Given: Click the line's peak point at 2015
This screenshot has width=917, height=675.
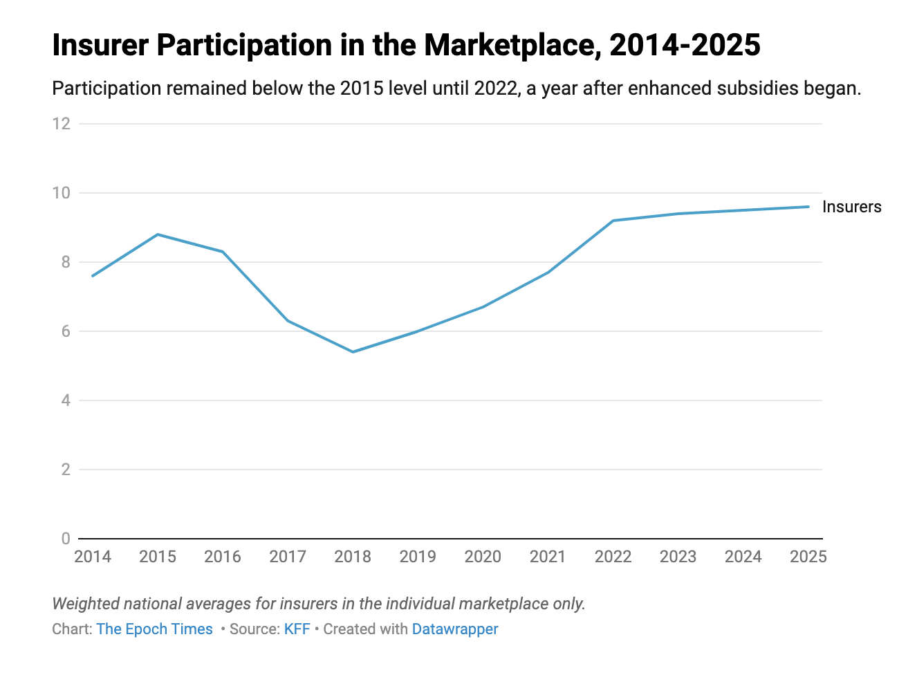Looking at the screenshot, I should (158, 234).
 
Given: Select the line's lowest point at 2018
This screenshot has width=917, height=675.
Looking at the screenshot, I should (353, 352).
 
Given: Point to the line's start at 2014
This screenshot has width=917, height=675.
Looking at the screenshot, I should (93, 276).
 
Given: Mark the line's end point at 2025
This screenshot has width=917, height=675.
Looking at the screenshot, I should (808, 207).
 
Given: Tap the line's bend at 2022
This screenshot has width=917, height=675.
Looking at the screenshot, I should (613, 221).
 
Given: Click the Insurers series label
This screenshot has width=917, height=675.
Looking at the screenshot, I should (851, 207).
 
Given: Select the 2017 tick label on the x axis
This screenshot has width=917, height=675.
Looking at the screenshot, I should (288, 557).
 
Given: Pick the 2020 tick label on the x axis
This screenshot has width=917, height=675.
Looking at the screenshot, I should (483, 557).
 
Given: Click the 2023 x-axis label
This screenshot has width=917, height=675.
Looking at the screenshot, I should (678, 557).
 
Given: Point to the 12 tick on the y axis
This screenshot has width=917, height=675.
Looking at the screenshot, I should (62, 124).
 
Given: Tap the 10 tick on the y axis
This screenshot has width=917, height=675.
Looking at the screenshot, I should (62, 193).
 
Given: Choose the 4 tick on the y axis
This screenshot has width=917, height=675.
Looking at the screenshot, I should (66, 400).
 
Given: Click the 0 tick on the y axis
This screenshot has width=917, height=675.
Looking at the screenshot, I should (66, 539).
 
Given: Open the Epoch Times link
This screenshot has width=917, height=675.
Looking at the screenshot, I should (154, 629).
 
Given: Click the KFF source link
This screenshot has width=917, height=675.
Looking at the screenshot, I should (297, 629).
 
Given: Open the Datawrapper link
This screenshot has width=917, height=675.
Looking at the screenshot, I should (455, 629).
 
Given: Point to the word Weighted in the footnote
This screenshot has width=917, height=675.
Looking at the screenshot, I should (86, 604).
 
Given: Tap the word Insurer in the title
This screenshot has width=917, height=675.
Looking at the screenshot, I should (101, 46).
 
